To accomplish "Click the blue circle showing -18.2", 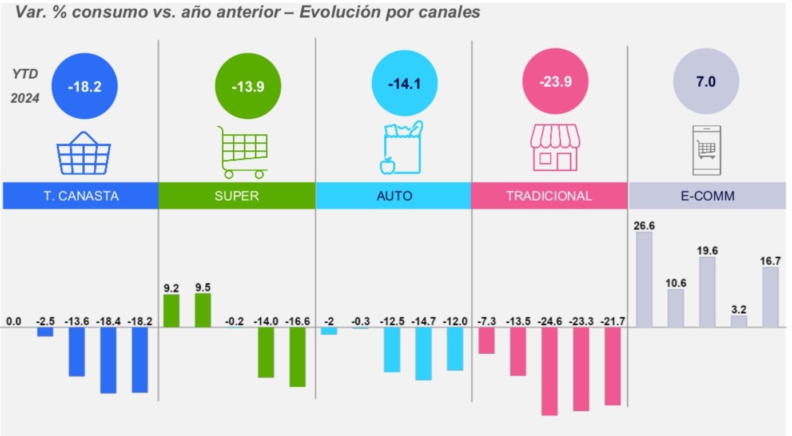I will click(84, 86).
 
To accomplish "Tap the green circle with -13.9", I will click(248, 86).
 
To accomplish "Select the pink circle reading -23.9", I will click(556, 82).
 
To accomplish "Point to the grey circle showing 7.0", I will click(706, 82).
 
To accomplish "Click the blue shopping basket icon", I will click(83, 153).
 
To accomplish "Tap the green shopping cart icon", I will click(244, 152).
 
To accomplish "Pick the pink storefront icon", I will click(555, 148).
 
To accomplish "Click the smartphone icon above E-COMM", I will click(706, 150).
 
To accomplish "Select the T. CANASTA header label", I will click(81, 196).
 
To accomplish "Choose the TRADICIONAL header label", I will click(549, 196).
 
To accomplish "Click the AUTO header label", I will click(395, 196).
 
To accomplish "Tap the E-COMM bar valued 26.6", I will click(644, 279).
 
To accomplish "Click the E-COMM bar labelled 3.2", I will click(738, 322).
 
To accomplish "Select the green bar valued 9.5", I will click(203, 310).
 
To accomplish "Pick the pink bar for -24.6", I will click(550, 371).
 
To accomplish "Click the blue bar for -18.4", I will click(108, 360).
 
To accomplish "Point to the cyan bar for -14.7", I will click(423, 353).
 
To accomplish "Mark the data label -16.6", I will click(297, 321).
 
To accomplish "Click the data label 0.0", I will click(14, 321).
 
